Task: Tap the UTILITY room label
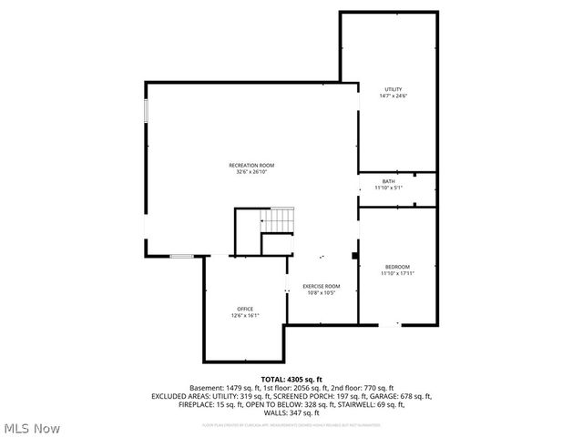click(x=394, y=89)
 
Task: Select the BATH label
click(x=388, y=182)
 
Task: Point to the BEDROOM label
click(x=396, y=267)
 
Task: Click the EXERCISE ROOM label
click(x=322, y=286)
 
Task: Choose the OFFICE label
click(x=245, y=309)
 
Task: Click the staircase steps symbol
click(x=279, y=219)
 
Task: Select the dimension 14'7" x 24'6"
click(x=394, y=96)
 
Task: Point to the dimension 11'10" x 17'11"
click(x=396, y=273)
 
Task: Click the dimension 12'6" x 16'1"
click(x=245, y=315)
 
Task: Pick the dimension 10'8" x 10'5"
click(x=322, y=292)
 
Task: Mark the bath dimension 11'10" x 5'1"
click(x=388, y=188)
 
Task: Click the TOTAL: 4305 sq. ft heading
click(x=291, y=379)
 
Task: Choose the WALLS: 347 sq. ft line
click(x=291, y=412)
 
